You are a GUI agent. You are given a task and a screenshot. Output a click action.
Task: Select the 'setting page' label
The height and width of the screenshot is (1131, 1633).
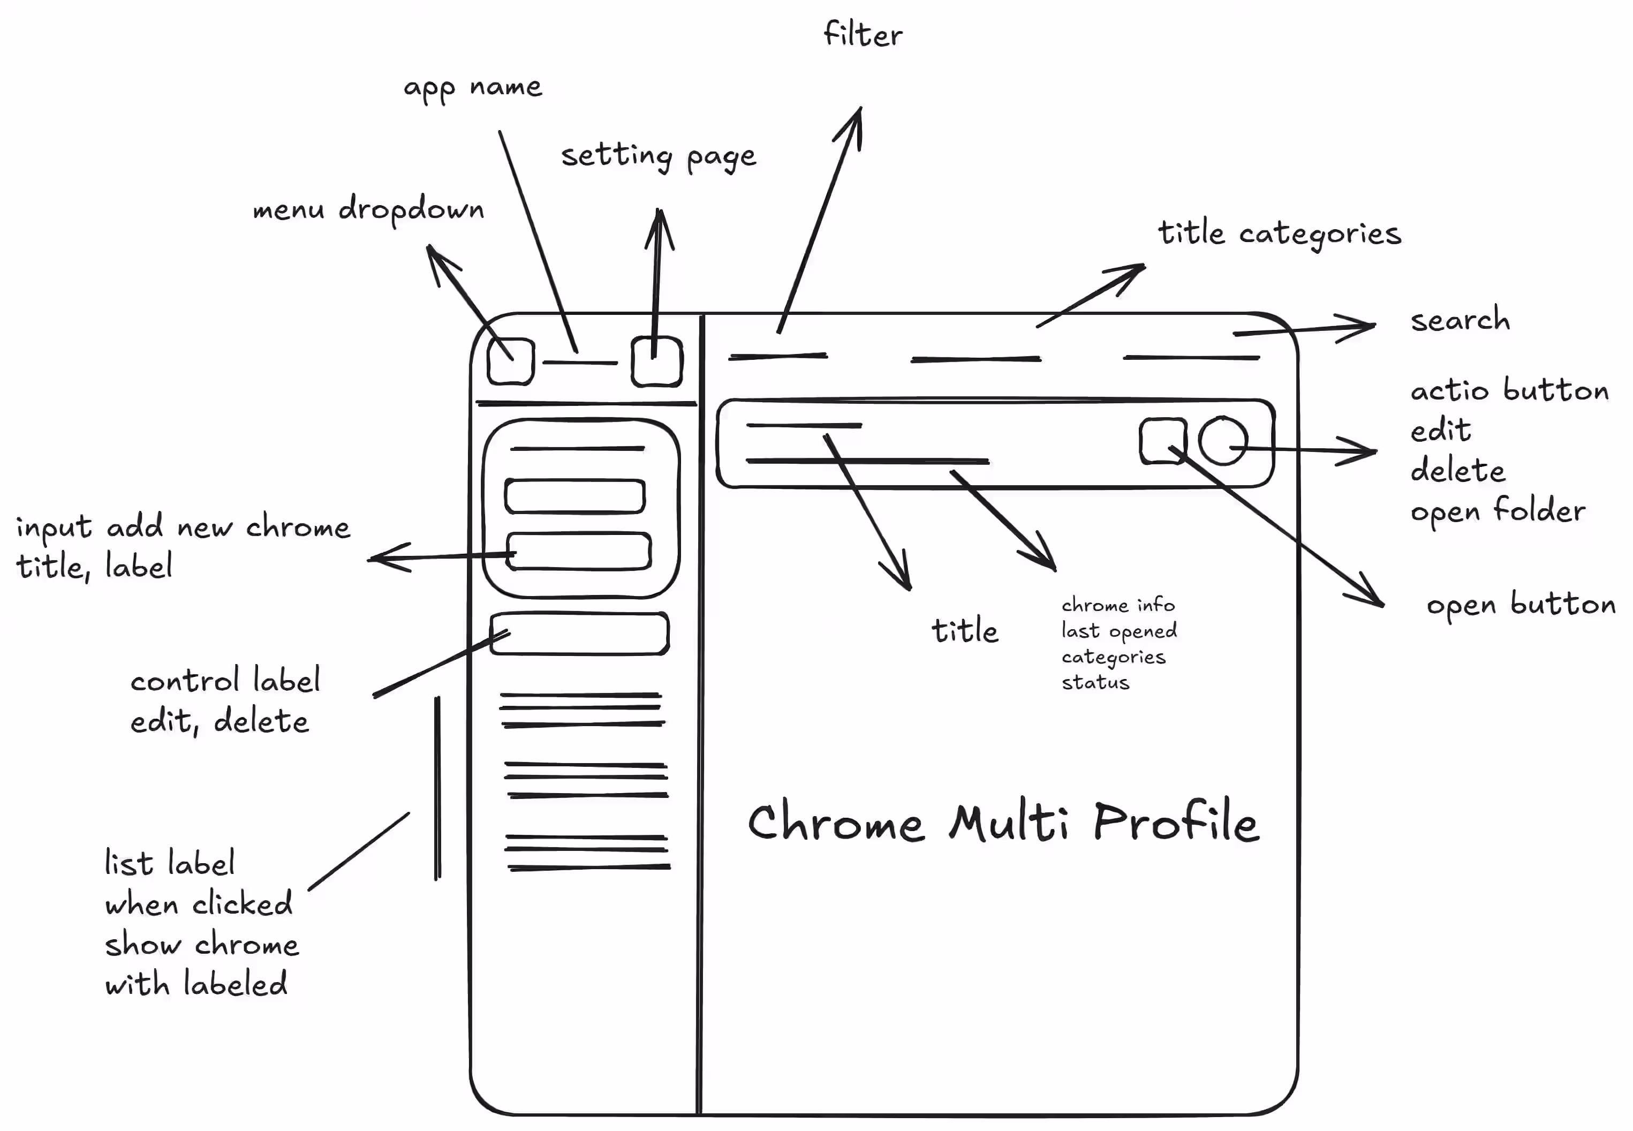click(x=658, y=156)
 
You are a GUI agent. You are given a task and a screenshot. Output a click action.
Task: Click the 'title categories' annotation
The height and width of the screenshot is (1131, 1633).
click(x=1280, y=233)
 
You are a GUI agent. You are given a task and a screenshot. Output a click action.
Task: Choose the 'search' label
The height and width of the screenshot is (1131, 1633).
click(x=1460, y=320)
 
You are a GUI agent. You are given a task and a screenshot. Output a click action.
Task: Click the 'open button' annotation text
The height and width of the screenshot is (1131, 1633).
click(x=1521, y=605)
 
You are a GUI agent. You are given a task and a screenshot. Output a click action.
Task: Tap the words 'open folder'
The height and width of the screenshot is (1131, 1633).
click(x=1498, y=511)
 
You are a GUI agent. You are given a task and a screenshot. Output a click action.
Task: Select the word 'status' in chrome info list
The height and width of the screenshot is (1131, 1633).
click(x=1095, y=682)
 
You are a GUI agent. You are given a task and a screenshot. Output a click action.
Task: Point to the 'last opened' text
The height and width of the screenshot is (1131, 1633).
click(x=1118, y=631)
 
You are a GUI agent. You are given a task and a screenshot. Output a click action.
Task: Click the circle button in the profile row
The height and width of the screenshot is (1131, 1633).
click(x=1223, y=441)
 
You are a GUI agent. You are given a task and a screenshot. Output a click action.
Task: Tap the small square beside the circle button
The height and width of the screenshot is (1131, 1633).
click(x=1162, y=441)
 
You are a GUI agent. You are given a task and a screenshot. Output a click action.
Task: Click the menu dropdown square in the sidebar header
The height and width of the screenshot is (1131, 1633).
click(x=511, y=361)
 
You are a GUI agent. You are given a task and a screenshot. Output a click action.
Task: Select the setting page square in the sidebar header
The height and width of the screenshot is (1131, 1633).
click(x=657, y=361)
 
